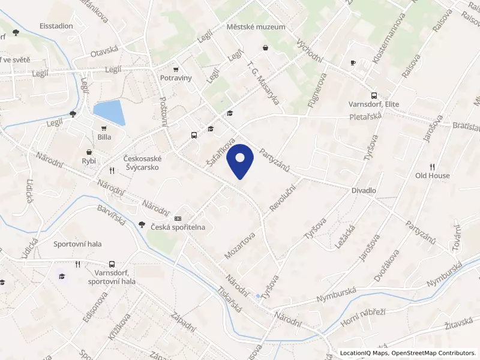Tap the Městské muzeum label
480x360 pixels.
click(x=248, y=27)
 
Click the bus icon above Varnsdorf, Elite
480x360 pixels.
click(x=374, y=95)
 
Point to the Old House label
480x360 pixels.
click(x=433, y=176)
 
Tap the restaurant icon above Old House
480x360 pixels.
click(x=432, y=166)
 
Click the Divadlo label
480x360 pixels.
click(x=364, y=190)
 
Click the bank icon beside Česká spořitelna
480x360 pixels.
click(x=178, y=218)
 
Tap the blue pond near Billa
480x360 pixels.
click(x=109, y=112)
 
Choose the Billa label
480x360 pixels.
click(x=104, y=137)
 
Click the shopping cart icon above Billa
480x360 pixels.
click(x=104, y=128)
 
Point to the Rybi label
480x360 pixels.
click(x=89, y=161)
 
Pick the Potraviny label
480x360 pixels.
click(x=175, y=78)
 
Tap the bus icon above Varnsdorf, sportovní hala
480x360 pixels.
click(x=112, y=264)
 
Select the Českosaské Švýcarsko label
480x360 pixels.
click(x=140, y=163)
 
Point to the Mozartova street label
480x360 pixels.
click(x=239, y=246)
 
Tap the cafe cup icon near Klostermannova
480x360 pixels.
click(x=353, y=62)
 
